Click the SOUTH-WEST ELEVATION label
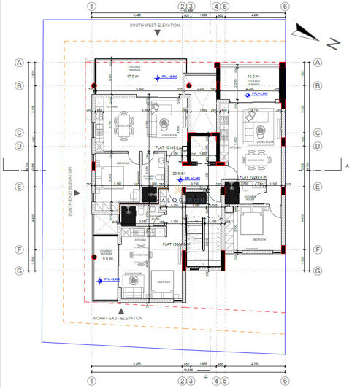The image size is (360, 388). click(x=156, y=26)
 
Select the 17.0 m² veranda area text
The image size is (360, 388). click(x=133, y=75)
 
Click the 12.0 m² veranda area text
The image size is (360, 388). click(x=253, y=77)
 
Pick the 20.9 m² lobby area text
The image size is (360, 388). click(x=177, y=173)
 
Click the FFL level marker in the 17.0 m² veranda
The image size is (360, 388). click(x=167, y=76)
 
